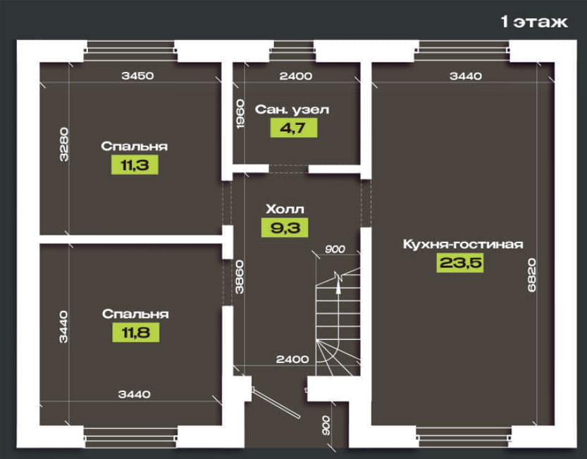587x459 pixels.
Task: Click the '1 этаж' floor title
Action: tap(534, 22)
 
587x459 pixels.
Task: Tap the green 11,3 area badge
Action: tap(135, 165)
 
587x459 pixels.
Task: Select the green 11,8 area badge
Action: tap(136, 332)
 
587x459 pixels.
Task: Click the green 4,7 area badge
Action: tap(294, 128)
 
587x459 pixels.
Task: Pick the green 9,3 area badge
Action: tap(285, 228)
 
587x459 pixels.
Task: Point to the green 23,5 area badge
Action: tap(460, 262)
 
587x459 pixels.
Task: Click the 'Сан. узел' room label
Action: tap(292, 110)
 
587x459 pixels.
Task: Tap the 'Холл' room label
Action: tap(285, 209)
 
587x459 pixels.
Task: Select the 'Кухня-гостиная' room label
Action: tap(463, 244)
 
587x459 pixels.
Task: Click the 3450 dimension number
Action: tap(138, 75)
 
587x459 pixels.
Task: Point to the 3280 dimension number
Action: tap(64, 145)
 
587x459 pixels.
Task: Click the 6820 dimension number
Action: tap(531, 275)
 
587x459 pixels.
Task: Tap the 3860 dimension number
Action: tap(240, 277)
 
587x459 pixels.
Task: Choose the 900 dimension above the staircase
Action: tap(335, 249)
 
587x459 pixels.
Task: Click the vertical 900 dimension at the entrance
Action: tap(326, 425)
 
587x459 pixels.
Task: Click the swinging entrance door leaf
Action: tap(276, 403)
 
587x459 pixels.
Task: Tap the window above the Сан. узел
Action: tap(293, 51)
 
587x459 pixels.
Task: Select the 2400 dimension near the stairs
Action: tap(292, 360)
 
